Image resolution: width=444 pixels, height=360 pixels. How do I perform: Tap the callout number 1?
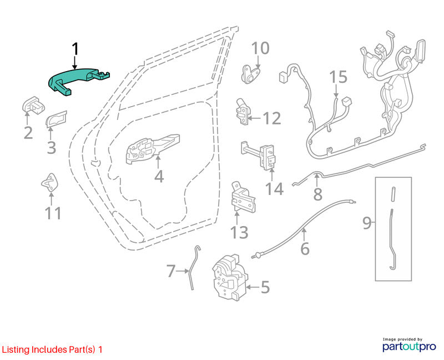click(x=75, y=49)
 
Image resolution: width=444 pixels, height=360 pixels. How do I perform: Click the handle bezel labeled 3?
click(x=57, y=119)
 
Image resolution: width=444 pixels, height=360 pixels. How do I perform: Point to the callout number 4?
click(x=159, y=176)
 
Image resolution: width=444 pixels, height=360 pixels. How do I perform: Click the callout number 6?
click(x=305, y=248)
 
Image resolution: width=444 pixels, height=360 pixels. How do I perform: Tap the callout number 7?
click(x=171, y=271)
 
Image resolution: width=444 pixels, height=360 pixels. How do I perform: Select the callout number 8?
click(x=317, y=194)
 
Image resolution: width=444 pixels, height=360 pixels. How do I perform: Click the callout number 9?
click(x=367, y=223)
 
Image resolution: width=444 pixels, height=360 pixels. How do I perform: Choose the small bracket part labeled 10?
click(x=250, y=74)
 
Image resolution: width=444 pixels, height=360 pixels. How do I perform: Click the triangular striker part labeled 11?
click(x=51, y=182)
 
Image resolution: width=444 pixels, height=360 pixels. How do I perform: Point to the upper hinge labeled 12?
click(x=242, y=112)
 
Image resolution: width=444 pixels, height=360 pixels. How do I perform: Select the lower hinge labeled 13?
click(x=243, y=198)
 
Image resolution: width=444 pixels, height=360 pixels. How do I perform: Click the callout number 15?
click(x=339, y=77)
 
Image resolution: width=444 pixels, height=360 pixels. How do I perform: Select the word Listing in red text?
click(x=16, y=350)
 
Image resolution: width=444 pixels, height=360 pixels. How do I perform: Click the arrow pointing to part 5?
click(x=252, y=287)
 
